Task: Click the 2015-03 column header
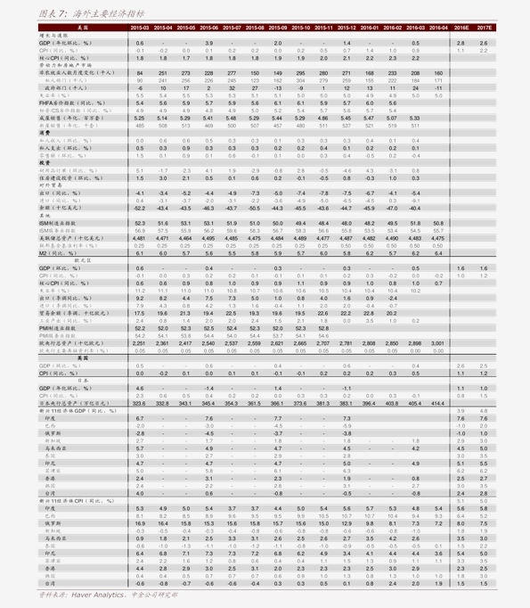click(140, 28)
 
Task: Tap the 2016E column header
click(461, 28)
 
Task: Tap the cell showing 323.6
click(140, 403)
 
